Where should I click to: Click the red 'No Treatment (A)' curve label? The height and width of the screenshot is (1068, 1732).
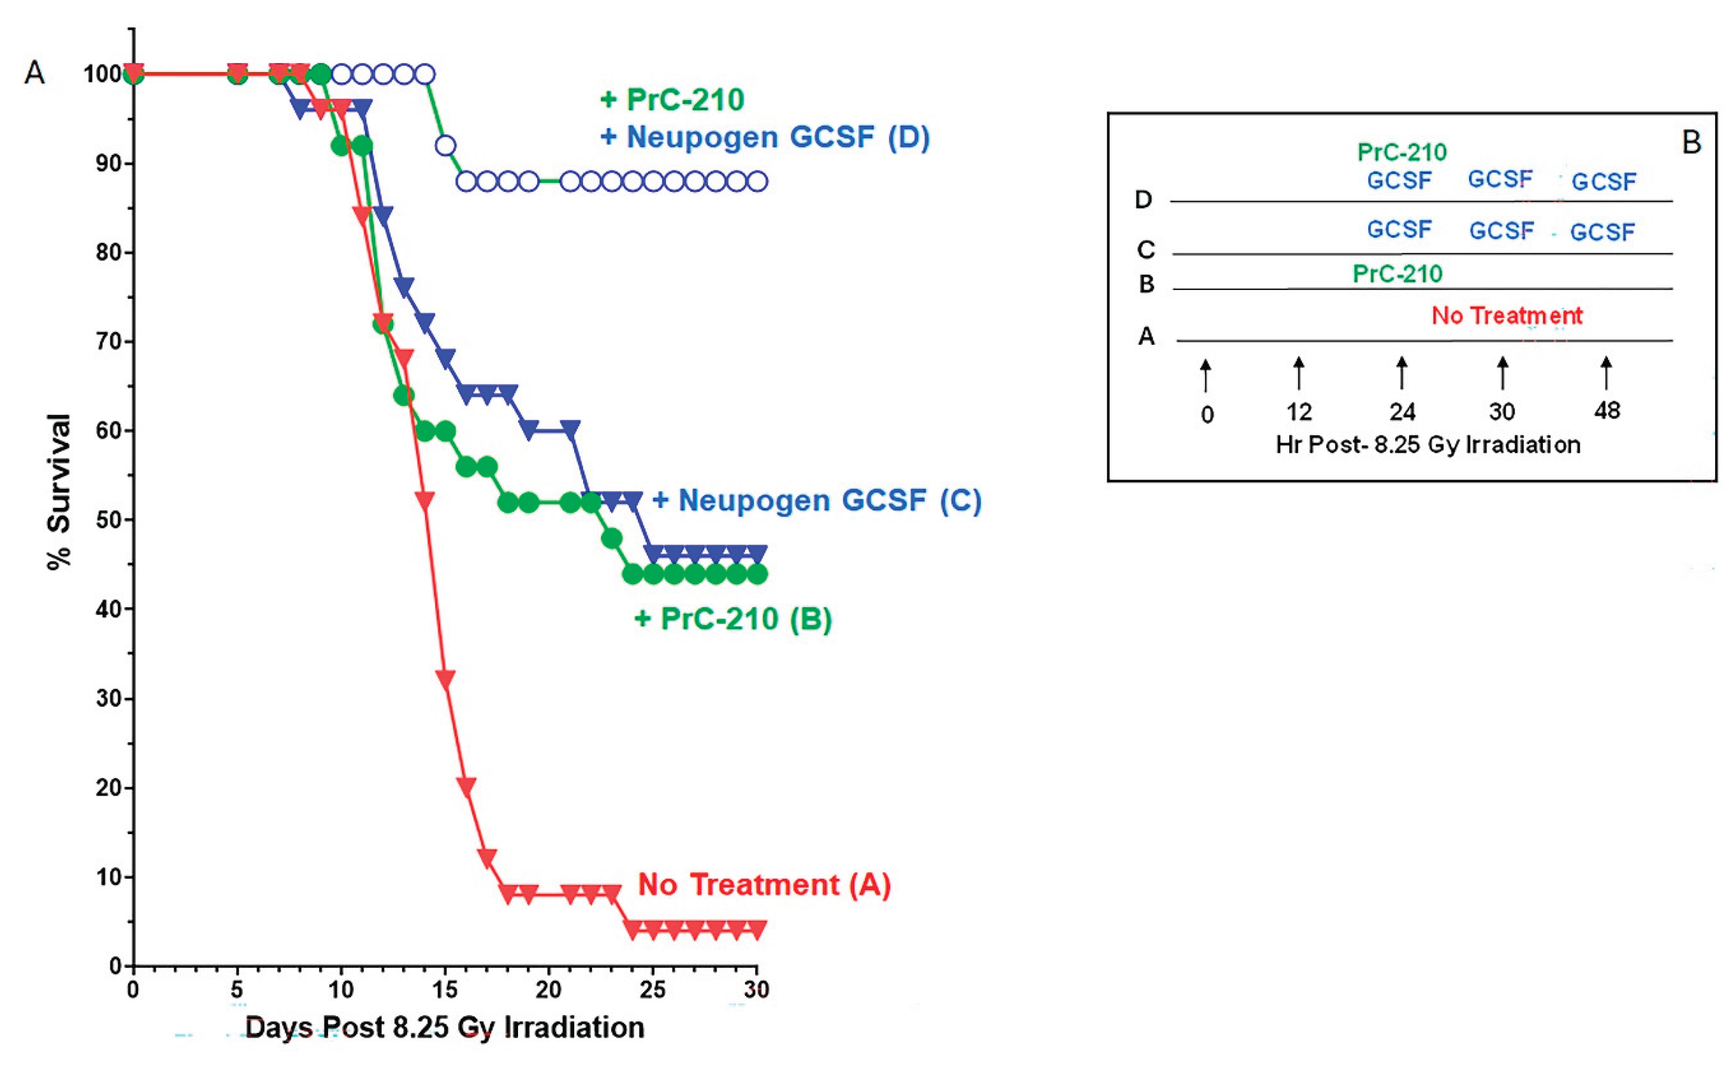764,885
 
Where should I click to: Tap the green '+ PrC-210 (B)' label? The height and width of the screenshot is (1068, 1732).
733,619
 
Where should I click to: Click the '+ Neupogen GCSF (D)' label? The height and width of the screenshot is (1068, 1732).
765,137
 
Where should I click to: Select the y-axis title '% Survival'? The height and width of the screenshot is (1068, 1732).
60,492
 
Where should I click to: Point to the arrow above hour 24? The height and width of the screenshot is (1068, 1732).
1402,372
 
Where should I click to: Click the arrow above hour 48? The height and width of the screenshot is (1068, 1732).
1606,372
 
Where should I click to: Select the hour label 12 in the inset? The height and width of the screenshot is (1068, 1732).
1299,412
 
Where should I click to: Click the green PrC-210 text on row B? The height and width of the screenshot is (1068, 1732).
1397,273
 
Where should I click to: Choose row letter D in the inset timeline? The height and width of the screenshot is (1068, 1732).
1143,200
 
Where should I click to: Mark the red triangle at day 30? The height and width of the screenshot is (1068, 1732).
757,930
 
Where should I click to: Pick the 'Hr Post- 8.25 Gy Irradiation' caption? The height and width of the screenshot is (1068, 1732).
1427,445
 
